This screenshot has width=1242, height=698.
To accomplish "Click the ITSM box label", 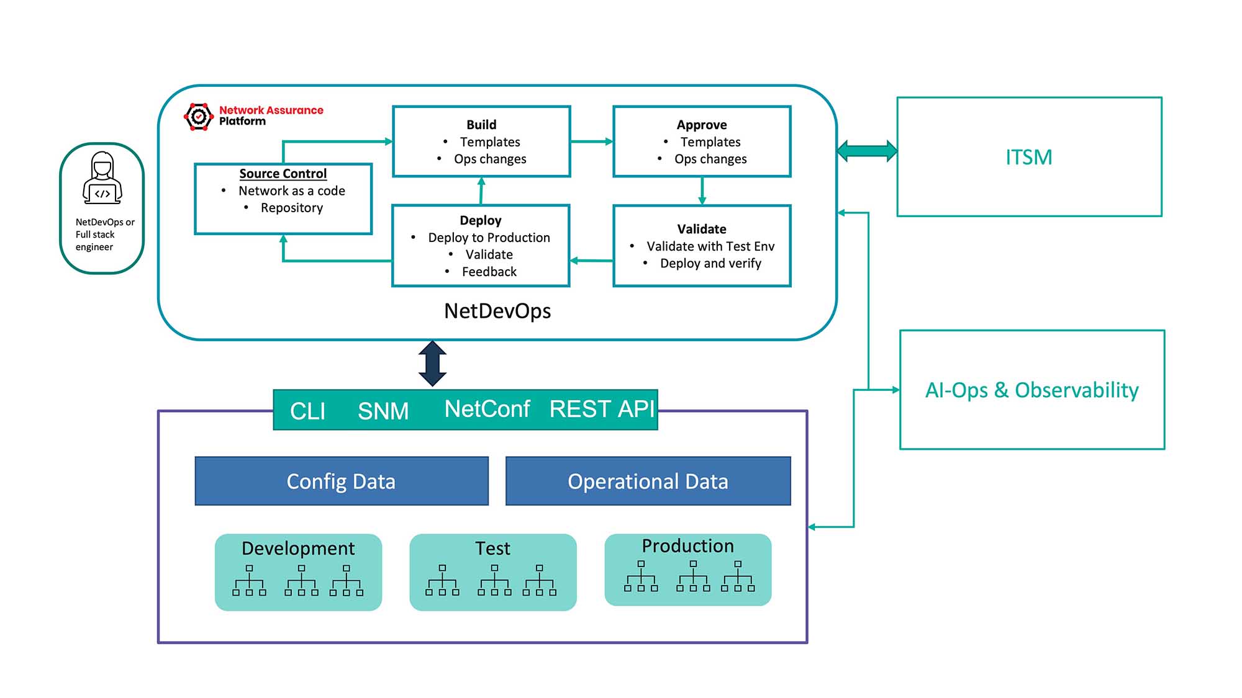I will tap(1028, 157).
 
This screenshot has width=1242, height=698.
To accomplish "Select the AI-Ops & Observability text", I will tap(1031, 390).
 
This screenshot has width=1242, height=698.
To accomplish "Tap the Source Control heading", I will tap(283, 174).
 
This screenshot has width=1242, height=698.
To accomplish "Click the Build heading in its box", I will tap(481, 125).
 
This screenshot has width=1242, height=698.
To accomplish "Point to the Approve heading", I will tap(702, 125).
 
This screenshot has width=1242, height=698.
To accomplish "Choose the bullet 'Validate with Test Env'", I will tap(710, 246).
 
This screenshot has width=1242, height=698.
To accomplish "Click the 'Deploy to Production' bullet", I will tap(489, 238).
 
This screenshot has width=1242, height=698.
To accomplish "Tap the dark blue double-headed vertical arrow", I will tap(432, 364).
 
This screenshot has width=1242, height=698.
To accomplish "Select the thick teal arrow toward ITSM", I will tap(867, 151).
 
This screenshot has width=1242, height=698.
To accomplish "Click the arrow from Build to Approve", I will tap(591, 141).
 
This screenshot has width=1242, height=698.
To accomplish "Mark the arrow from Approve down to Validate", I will tap(702, 191).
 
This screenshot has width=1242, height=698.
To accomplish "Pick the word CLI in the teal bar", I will tap(307, 411).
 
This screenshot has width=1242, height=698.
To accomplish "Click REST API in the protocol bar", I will tap(601, 409).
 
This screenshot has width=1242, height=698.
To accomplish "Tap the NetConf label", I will tap(487, 409).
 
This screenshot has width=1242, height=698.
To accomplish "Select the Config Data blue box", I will tap(341, 481).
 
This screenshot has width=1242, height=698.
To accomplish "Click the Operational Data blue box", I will tap(648, 481).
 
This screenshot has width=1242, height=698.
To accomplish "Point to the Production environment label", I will tap(687, 546).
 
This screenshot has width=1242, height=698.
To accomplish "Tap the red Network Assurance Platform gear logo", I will tap(199, 116).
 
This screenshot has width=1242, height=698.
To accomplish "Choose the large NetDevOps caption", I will tap(497, 311).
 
